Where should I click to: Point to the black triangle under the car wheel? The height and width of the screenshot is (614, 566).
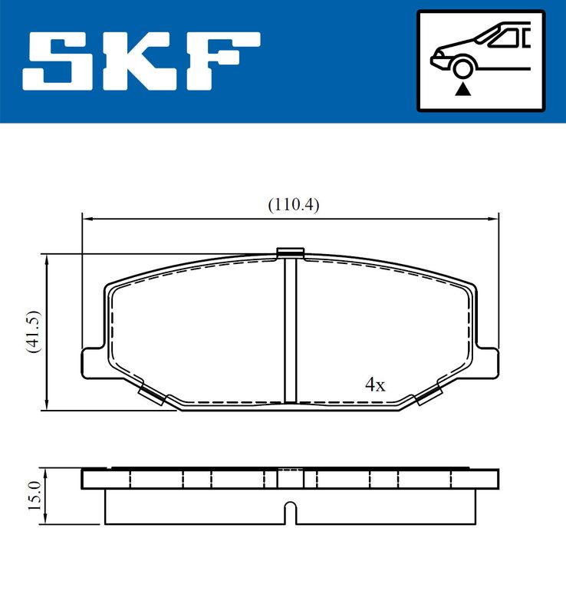[x=462, y=90]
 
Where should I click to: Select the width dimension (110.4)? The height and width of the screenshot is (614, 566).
[x=292, y=205]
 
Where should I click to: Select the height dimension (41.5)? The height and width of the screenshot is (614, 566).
[x=31, y=332]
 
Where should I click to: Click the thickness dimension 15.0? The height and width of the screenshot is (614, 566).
[x=32, y=497]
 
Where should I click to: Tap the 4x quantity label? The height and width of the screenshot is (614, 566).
[x=375, y=385]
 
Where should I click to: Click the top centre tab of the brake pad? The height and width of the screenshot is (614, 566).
[x=290, y=253]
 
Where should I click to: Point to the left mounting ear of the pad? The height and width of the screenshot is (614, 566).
[x=92, y=361]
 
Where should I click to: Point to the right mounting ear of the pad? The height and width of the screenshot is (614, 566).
[x=488, y=361]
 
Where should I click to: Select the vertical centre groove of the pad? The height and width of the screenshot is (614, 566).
[x=290, y=330]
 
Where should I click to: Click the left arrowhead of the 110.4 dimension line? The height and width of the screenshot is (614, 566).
[x=87, y=220]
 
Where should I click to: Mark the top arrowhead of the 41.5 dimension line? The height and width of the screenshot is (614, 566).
[x=48, y=259]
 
